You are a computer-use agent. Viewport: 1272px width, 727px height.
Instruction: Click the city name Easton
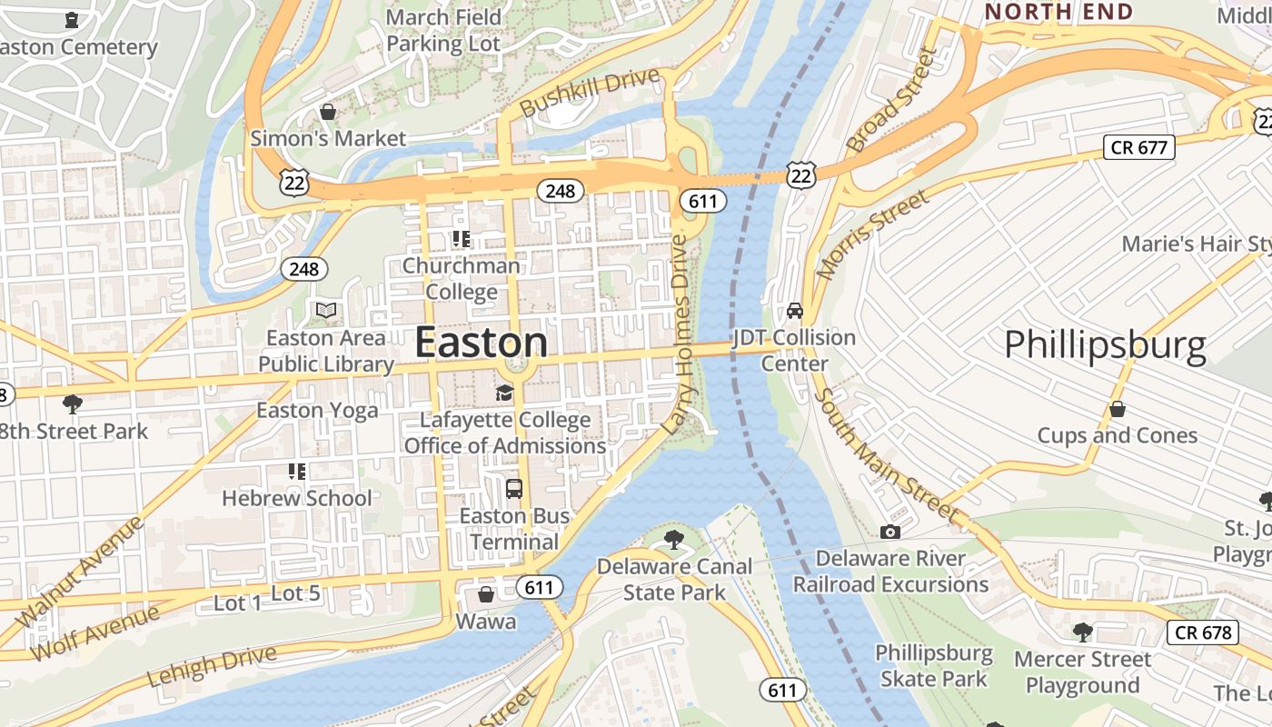[481, 344]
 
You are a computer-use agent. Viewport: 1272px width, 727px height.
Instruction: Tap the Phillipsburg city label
[1105, 346]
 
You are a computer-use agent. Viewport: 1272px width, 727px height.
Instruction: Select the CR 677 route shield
[1138, 147]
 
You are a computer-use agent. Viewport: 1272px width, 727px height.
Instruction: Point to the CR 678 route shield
[1203, 632]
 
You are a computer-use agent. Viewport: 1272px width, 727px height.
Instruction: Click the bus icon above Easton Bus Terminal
[513, 489]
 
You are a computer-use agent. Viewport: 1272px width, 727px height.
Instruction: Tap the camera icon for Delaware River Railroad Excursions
[890, 532]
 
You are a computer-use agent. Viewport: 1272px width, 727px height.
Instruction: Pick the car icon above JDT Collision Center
[795, 311]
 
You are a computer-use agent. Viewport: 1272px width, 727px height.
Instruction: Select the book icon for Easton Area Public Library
[326, 311]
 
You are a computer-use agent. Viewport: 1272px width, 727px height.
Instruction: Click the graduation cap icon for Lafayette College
[504, 393]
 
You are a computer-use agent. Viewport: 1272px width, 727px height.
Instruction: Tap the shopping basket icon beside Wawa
[486, 594]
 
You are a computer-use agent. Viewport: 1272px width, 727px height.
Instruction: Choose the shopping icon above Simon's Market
[328, 112]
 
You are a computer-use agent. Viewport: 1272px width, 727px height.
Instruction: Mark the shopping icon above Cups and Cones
[1118, 409]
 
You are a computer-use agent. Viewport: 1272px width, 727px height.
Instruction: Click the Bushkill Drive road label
[590, 93]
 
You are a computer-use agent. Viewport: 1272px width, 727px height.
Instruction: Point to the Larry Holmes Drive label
[678, 334]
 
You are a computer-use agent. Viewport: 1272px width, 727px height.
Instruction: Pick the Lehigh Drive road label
[211, 666]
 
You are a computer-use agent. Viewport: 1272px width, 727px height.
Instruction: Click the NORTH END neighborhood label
[1058, 12]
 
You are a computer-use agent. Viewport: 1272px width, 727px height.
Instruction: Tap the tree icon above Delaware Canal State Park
[674, 540]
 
